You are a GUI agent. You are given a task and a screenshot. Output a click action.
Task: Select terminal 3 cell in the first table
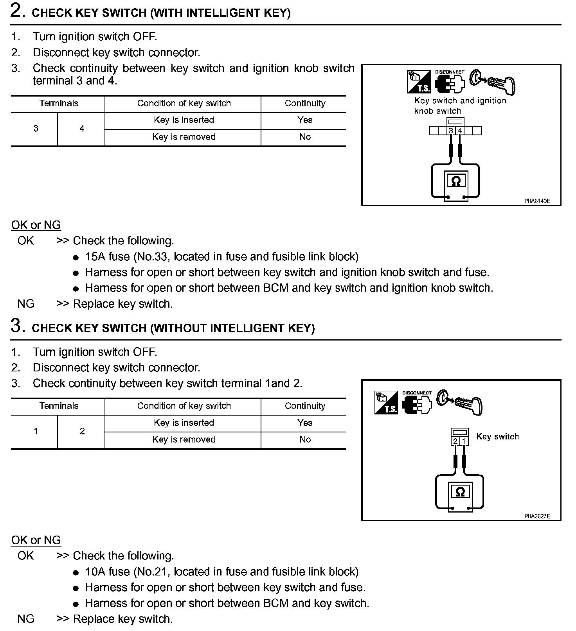tap(36, 129)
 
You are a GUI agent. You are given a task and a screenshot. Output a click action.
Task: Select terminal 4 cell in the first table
tap(82, 129)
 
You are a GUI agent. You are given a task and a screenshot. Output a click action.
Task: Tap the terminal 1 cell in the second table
tap(36, 431)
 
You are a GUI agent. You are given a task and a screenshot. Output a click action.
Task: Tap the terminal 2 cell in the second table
tap(82, 431)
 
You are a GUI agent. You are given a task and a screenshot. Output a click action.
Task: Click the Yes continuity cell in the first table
tap(305, 120)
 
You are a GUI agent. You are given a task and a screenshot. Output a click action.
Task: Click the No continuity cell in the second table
tap(305, 439)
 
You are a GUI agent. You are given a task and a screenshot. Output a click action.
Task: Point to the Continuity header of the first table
tap(305, 103)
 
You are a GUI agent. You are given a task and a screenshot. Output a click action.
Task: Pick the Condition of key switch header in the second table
tap(184, 406)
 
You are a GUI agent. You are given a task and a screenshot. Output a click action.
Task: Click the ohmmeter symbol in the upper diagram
tap(456, 181)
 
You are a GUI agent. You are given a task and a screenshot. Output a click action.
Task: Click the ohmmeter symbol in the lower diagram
tap(460, 492)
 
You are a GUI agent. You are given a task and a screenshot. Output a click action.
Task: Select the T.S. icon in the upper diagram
tap(419, 82)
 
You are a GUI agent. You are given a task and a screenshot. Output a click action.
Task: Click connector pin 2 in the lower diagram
tap(455, 441)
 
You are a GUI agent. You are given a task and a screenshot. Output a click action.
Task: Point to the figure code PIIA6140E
tap(537, 201)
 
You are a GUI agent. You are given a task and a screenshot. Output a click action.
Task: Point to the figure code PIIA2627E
tap(537, 516)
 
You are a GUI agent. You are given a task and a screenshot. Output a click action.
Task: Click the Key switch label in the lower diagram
tap(497, 437)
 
